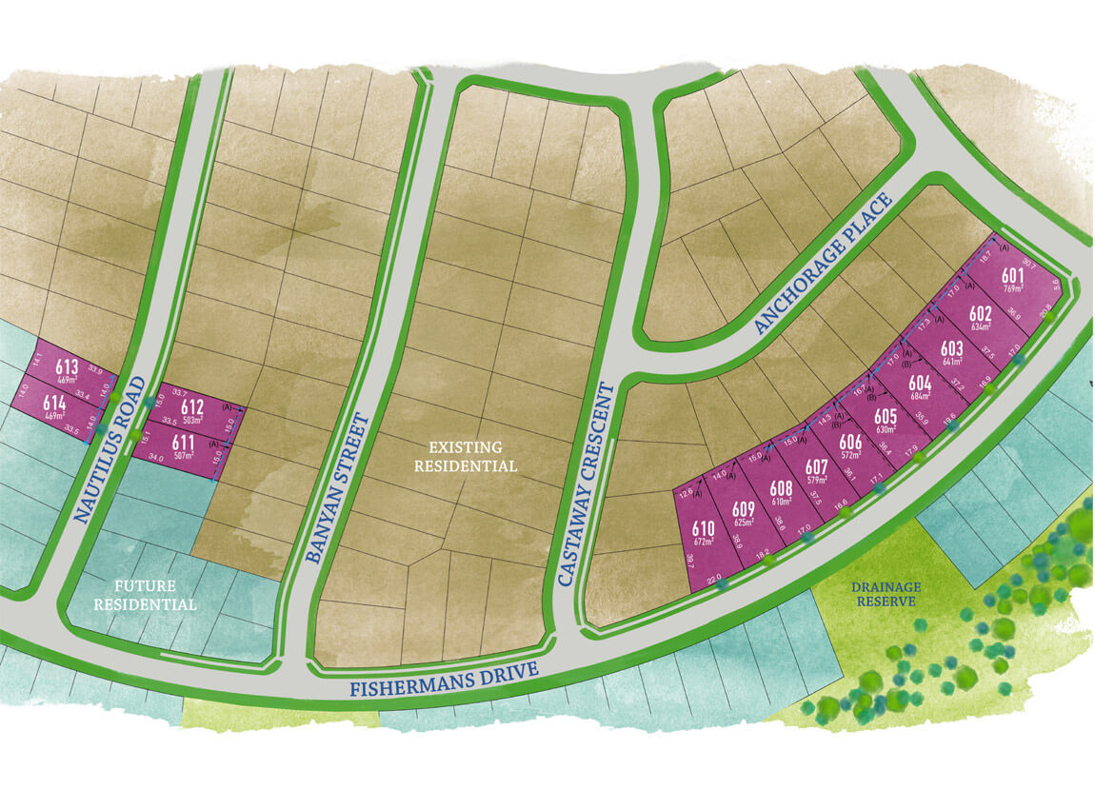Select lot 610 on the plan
pos(704,528)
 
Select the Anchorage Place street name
pos(824,264)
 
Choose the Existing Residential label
pos(472,456)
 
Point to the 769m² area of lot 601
pos(1012,288)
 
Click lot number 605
pos(885,416)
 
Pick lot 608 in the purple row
pos(781,486)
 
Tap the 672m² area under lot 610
pos(704,543)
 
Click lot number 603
pos(951,348)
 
